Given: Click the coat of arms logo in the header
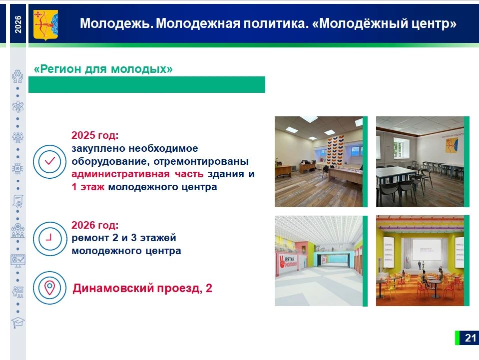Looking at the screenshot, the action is point(45,25).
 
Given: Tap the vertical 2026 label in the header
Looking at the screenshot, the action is point(18,24).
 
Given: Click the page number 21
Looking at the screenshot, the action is point(471,338).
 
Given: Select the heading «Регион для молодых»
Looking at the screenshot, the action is point(103,69).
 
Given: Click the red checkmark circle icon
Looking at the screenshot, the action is point(49,162).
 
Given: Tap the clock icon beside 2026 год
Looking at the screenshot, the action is point(49,239).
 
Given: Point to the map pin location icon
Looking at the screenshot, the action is point(49,288).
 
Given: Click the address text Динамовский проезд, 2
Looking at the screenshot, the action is point(142,288).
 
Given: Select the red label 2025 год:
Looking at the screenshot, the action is point(95,135).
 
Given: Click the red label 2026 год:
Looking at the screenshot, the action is point(95,225).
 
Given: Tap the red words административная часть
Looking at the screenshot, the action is point(137,174).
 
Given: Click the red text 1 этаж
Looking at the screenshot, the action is point(88,187).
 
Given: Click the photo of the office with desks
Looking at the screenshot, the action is point(319,162).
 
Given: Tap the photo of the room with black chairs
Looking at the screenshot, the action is point(420,162).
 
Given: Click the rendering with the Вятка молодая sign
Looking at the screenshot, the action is point(319,261).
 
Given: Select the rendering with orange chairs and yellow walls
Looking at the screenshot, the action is point(420,261).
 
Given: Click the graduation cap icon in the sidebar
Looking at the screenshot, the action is point(17,323).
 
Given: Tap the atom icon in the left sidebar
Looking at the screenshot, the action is point(17,106).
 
